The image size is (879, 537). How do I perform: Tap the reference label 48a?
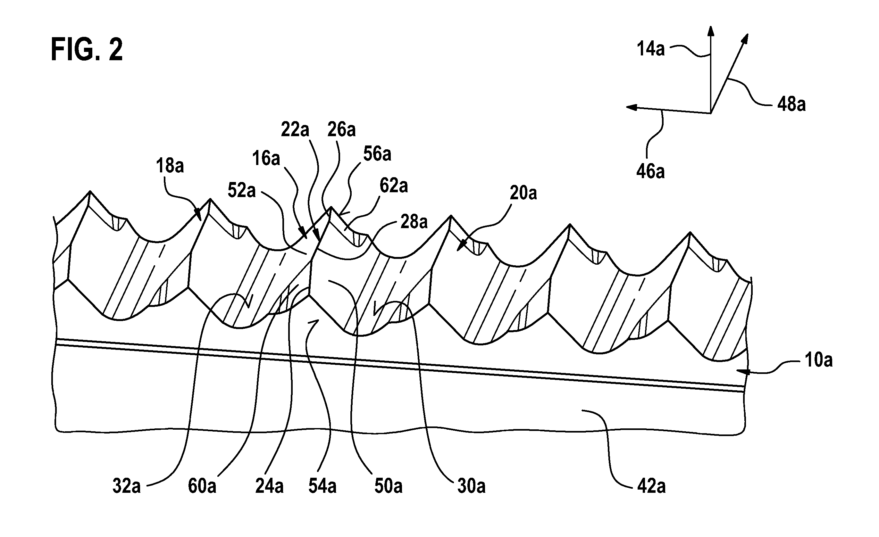[791, 104]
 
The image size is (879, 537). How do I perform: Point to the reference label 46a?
[650, 171]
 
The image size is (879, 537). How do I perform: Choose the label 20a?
[523, 193]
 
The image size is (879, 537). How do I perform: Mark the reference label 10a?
[819, 360]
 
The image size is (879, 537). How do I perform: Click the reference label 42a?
[651, 486]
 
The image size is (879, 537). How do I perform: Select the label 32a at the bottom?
[127, 486]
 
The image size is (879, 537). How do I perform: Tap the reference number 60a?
[202, 486]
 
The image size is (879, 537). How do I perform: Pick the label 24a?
[269, 486]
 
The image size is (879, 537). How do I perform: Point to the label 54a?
[322, 486]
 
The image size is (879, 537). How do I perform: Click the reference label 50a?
[389, 486]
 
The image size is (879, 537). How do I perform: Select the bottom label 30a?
[472, 486]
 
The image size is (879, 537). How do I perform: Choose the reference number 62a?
[393, 186]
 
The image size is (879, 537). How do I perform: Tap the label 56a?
[377, 154]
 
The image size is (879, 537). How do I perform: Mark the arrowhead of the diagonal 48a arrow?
[745, 38]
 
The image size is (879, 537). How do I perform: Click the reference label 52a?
[242, 191]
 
